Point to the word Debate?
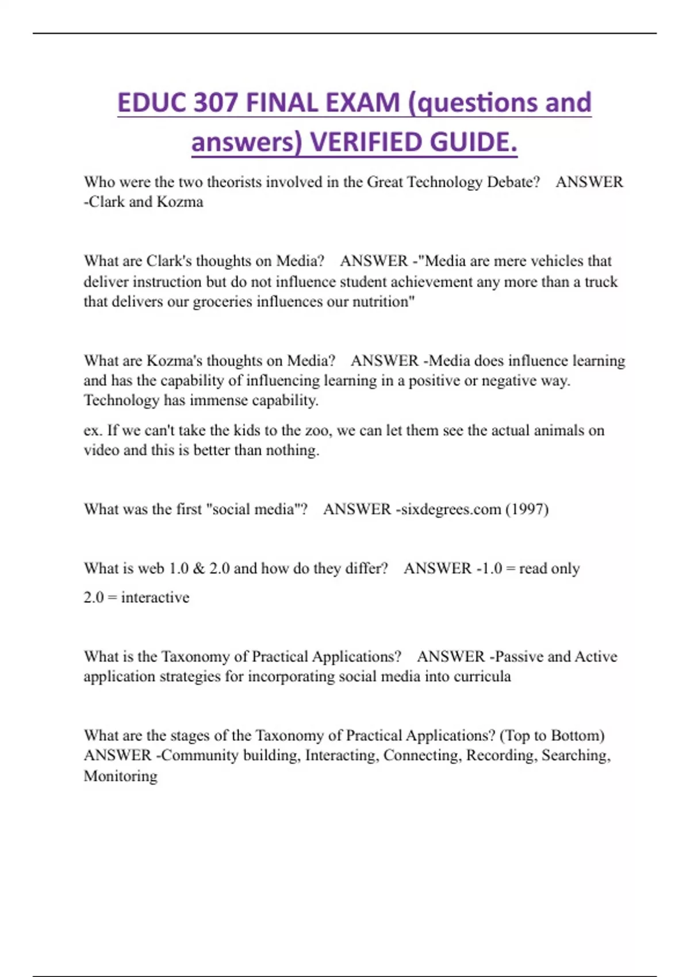pos(513,182)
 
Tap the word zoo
pos(318,430)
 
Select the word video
pos(101,450)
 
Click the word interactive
pos(155,598)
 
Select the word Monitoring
pos(120,776)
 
